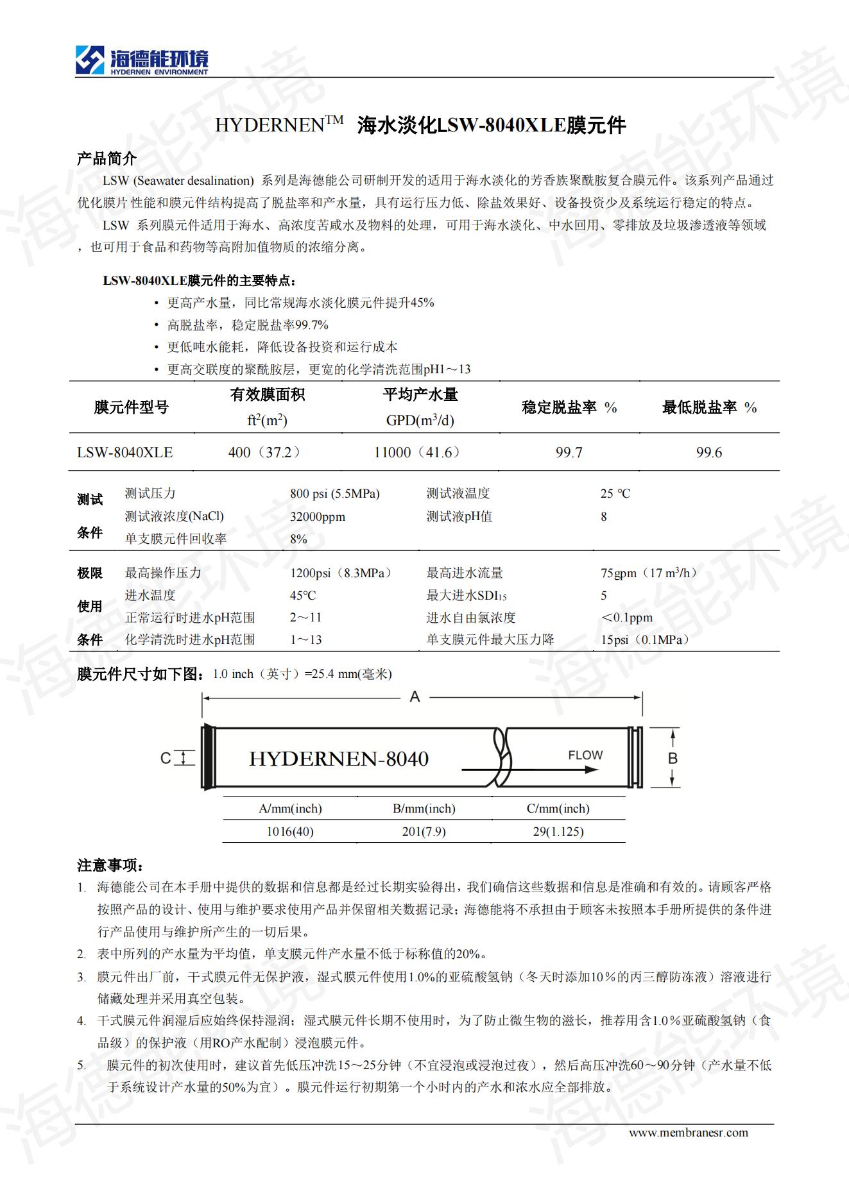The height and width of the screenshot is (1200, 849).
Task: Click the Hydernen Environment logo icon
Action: [x=90, y=60]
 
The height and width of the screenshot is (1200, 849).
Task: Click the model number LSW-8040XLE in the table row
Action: [x=124, y=453]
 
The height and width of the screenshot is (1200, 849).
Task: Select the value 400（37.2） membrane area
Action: [x=264, y=453]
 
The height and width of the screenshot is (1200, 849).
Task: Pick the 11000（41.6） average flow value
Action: [x=417, y=453]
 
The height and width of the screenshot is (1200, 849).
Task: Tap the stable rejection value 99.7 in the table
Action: [x=569, y=453]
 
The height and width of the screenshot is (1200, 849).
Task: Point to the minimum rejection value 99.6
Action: [x=708, y=453]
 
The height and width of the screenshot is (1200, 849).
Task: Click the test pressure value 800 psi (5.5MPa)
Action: [x=334, y=494]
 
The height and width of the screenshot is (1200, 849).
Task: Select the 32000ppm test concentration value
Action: [x=317, y=517]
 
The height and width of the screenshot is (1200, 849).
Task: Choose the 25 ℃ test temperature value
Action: [x=615, y=494]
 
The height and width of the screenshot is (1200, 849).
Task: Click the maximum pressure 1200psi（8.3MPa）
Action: [x=341, y=573]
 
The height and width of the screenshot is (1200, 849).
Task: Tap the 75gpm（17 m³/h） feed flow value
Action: [x=648, y=573]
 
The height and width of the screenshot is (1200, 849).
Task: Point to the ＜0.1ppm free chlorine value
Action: [x=626, y=618]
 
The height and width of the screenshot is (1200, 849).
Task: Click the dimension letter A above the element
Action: [x=415, y=697]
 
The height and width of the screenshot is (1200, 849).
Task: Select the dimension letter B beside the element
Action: [x=673, y=759]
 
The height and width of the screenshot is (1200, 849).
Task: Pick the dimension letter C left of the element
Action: [x=165, y=759]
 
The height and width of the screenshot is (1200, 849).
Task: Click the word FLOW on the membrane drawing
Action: [x=585, y=756]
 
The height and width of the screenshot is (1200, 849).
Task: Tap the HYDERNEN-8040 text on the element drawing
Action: [x=338, y=759]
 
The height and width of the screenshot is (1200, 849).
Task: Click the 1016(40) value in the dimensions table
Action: [x=290, y=832]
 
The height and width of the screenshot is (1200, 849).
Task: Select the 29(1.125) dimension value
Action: [x=558, y=832]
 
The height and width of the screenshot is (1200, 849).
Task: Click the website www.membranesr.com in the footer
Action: [x=688, y=1133]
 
